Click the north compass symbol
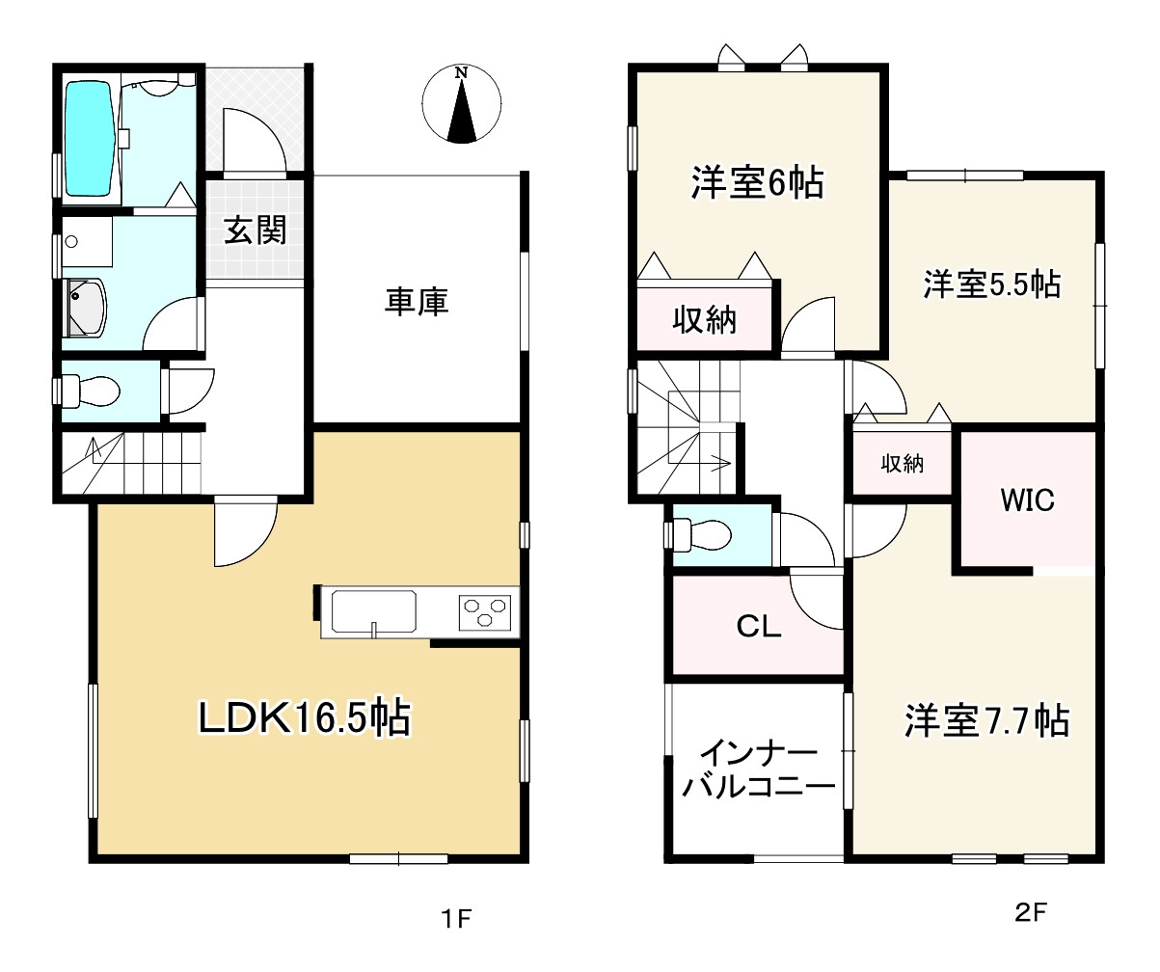463,105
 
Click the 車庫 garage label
418,303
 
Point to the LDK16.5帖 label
305,718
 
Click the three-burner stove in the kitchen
484,611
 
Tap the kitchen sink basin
374,610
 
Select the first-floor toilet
93,391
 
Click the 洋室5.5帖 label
991,284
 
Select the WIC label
1027,500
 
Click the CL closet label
758,627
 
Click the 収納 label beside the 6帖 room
704,320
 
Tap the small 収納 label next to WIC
903,464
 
